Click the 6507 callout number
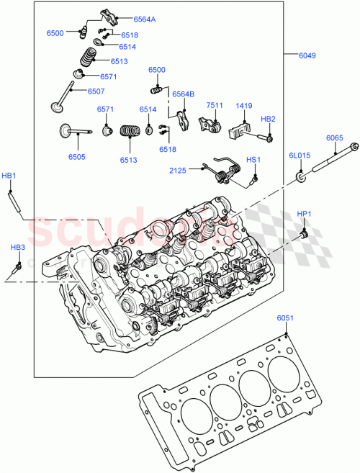point(96,91)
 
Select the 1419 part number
point(244,105)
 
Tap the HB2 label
point(268,119)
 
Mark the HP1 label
point(305,214)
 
